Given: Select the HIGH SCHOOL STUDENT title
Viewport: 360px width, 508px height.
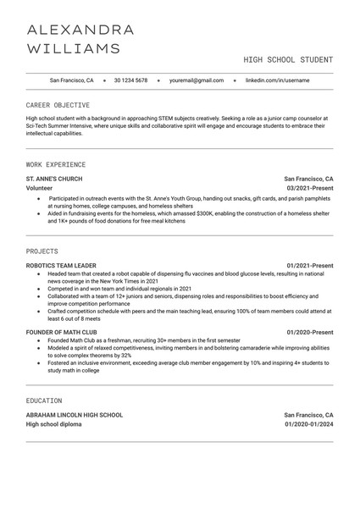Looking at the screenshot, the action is [x=288, y=60].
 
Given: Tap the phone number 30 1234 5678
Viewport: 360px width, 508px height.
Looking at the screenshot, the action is [x=130, y=80].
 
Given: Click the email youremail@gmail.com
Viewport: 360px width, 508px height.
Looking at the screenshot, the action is [x=197, y=80].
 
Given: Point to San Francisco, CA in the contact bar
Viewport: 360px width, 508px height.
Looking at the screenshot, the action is [x=71, y=80].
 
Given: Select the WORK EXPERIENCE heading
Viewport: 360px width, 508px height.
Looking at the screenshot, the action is [x=56, y=163].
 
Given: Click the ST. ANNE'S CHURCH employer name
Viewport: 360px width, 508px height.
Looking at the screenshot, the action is [x=54, y=179].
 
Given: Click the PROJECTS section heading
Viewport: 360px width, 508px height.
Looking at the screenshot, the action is [x=42, y=251].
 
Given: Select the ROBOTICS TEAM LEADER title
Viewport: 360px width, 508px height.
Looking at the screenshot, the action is [x=64, y=267].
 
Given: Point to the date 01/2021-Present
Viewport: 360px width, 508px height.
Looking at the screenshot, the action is [x=310, y=267].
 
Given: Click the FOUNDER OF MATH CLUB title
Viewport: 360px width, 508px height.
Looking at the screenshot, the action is [x=62, y=332].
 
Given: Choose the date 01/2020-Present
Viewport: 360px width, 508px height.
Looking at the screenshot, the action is [x=310, y=332].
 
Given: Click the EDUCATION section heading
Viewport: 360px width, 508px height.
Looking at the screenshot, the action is [x=44, y=400].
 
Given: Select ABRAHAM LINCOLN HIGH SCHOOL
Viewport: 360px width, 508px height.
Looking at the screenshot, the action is [x=75, y=415].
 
